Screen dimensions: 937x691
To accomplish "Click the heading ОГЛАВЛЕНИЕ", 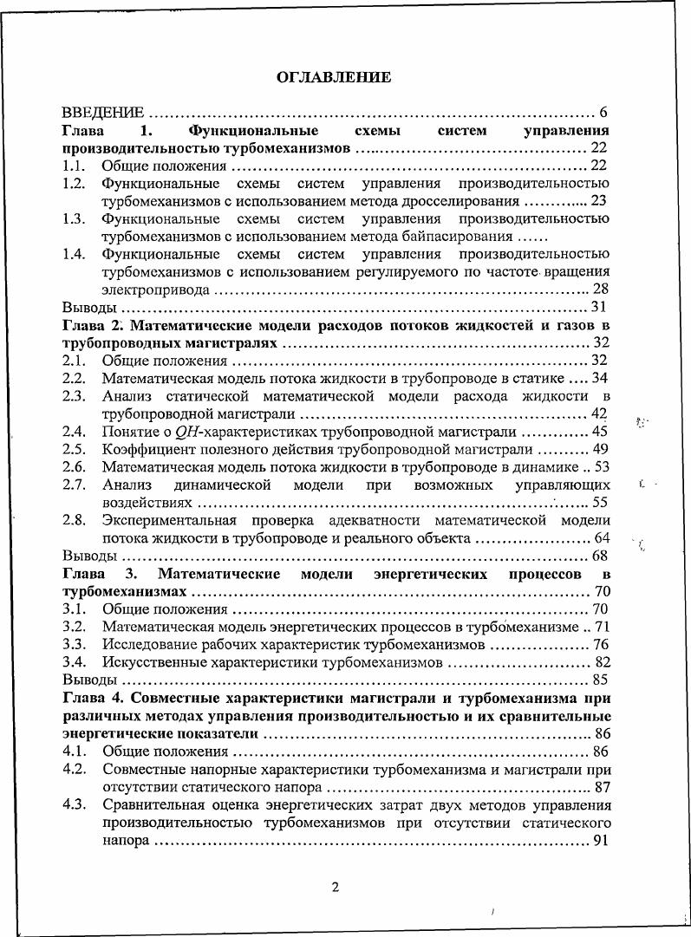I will tap(334, 77).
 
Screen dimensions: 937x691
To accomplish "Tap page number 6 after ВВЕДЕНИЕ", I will tap(603, 114).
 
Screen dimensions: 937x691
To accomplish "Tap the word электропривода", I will tap(155, 289).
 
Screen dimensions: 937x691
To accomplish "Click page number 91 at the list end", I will tap(600, 841).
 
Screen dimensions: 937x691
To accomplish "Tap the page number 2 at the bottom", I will tap(335, 887).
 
